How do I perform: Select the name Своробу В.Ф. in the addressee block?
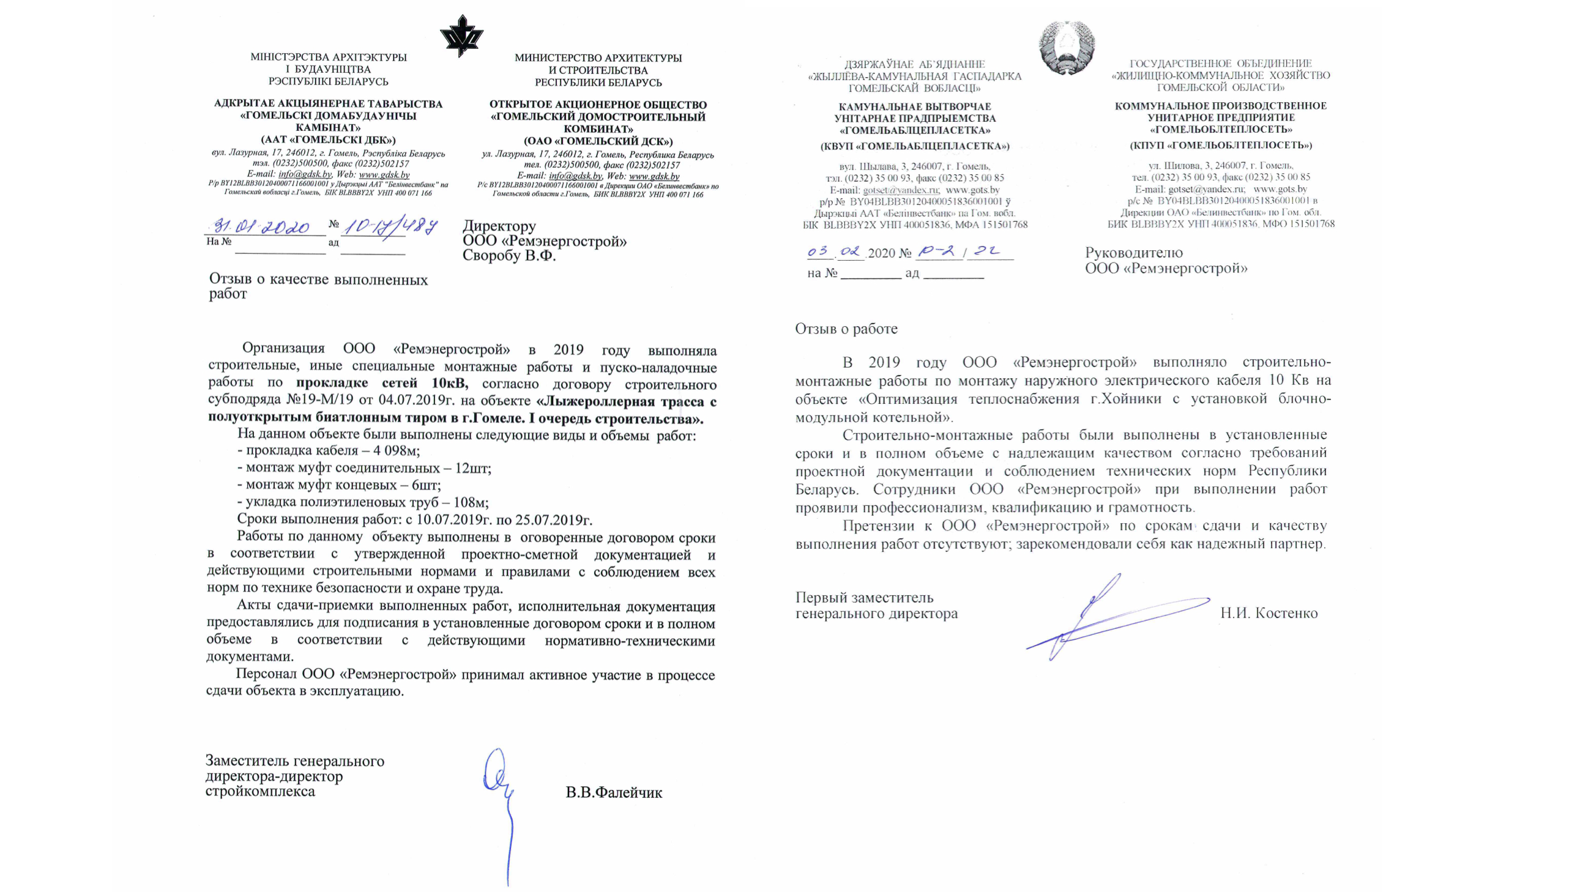(510, 256)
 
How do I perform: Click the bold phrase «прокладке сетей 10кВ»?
(382, 384)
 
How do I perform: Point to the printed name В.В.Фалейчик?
(614, 793)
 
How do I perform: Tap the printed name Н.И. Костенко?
(1269, 614)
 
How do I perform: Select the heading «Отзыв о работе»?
(846, 329)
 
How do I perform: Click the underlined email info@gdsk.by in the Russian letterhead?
(575, 177)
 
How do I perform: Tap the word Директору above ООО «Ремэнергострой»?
(499, 226)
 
